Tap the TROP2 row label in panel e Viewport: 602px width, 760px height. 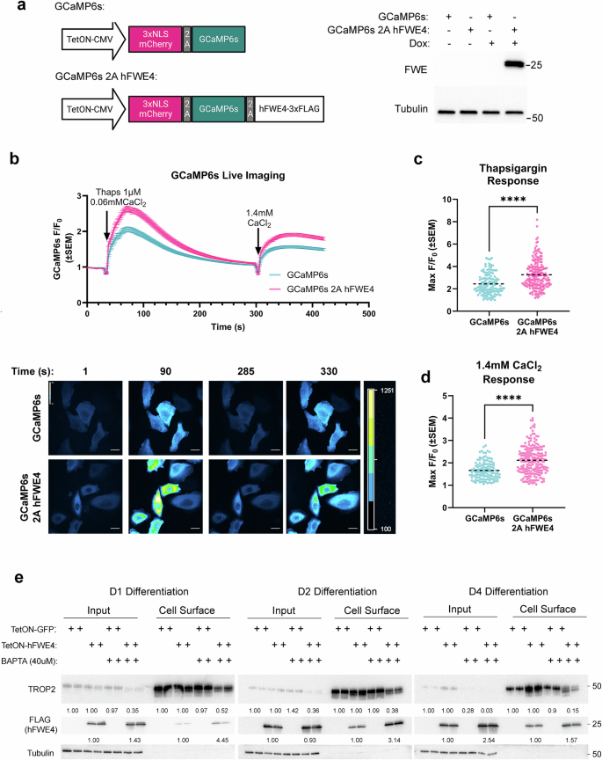click(x=32, y=683)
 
